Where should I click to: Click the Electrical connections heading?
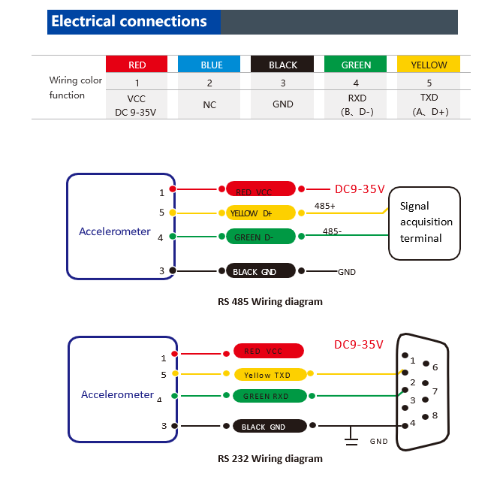pyautogui.click(x=128, y=21)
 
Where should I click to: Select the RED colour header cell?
pyautogui.click(x=137, y=65)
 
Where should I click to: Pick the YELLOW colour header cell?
pyautogui.click(x=429, y=65)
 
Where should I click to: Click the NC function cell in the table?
pyautogui.click(x=209, y=104)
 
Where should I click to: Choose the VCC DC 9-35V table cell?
pyautogui.click(x=137, y=104)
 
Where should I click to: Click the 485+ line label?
pyautogui.click(x=324, y=205)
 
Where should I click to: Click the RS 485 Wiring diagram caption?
pyautogui.click(x=270, y=302)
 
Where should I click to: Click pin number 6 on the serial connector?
pyautogui.click(x=435, y=367)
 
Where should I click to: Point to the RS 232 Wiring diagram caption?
pyautogui.click(x=270, y=458)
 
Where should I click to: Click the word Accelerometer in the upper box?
pyautogui.click(x=115, y=231)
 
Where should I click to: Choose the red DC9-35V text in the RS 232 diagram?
pyautogui.click(x=358, y=345)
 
